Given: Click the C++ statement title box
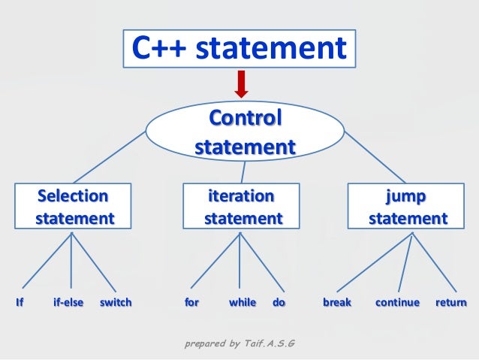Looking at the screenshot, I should tap(239, 49).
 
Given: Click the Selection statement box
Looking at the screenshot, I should tap(72, 207).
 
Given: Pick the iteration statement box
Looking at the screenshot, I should tap(241, 207).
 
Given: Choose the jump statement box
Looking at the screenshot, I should tap(408, 207).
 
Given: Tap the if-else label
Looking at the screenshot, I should tap(68, 303).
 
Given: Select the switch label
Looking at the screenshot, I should tap(116, 303).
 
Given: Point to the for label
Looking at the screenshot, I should tap(191, 303).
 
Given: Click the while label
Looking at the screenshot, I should tap(243, 303).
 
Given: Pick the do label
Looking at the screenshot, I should tap(279, 303).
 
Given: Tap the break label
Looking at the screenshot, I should tap(337, 303).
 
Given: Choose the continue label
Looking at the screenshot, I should tap(397, 303).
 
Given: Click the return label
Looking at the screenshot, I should tap(450, 303).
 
